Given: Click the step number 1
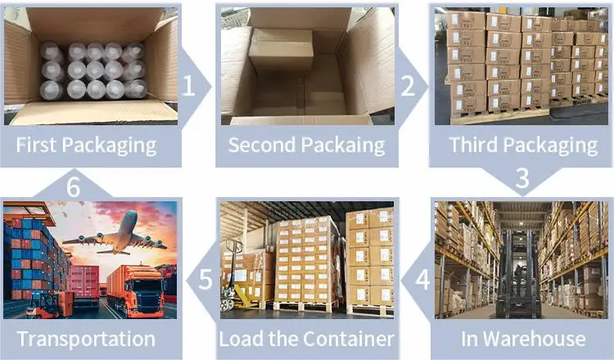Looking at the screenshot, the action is tap(190, 84).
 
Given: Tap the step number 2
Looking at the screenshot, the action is tap(407, 84).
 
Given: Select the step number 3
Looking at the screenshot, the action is tap(521, 178).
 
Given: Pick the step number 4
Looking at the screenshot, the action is tap(422, 278).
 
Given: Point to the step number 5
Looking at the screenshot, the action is tap(205, 278).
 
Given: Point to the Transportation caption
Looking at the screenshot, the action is tap(86, 339).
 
